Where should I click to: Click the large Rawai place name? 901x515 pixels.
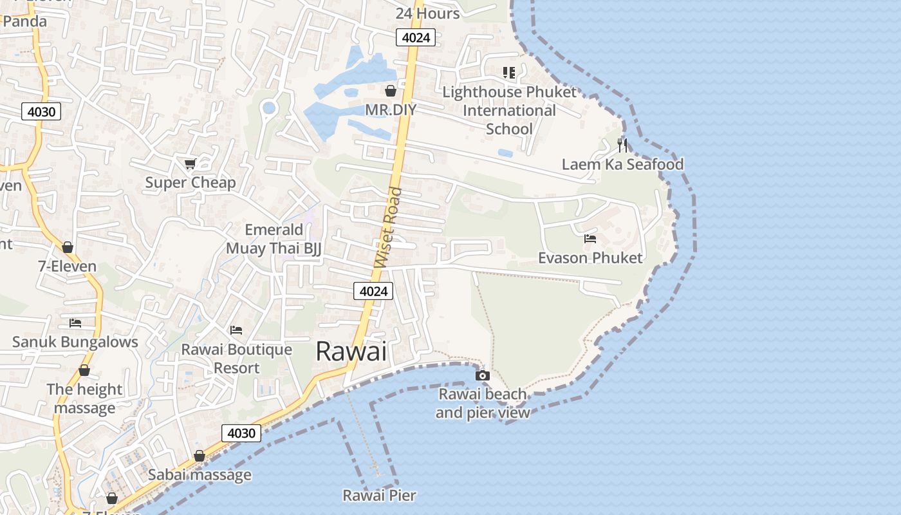[x=351, y=351]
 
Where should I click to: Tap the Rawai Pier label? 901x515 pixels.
[x=379, y=495]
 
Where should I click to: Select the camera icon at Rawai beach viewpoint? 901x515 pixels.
[x=482, y=375]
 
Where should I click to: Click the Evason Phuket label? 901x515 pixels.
[x=590, y=258]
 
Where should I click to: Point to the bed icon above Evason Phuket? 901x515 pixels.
[x=590, y=239]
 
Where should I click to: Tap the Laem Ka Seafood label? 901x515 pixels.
[x=622, y=164]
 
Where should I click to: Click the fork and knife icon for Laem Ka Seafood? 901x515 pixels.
[x=622, y=145]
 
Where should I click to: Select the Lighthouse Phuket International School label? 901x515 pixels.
[x=509, y=110]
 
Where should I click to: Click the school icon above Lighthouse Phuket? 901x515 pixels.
[x=509, y=73]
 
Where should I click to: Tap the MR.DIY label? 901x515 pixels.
[x=391, y=109]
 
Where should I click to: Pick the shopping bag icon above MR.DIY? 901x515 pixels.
[x=390, y=91]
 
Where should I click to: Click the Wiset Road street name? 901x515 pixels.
[x=387, y=228]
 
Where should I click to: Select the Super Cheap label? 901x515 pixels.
[x=190, y=183]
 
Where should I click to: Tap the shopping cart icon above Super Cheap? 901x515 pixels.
[x=190, y=164]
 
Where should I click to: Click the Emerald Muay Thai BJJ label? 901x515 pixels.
[x=274, y=239]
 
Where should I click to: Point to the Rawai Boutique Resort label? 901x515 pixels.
[x=236, y=359]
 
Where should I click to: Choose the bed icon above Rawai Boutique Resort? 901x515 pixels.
[x=236, y=330]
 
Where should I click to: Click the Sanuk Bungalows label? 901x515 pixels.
[x=75, y=342]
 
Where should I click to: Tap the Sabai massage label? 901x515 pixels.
[x=200, y=475]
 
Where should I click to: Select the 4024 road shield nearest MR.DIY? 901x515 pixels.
[x=415, y=37]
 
